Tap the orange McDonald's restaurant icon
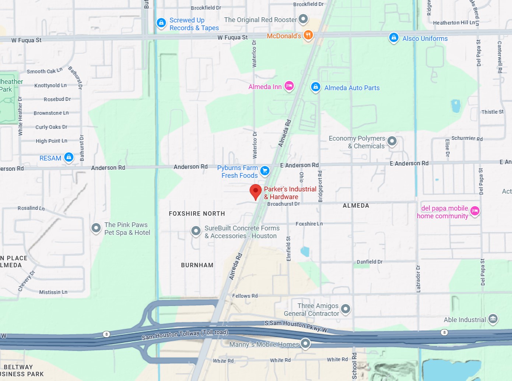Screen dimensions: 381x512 [x=308, y=35]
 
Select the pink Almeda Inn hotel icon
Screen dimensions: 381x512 [x=289, y=86]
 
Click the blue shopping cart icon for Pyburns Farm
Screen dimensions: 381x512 [x=265, y=171]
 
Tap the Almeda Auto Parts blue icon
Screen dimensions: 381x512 [x=315, y=87]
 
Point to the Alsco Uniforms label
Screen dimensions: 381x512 [x=425, y=39]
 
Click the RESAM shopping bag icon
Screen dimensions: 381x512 [x=69, y=157]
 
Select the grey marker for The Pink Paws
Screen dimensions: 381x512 [x=96, y=228]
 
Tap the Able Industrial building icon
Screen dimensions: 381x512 [x=493, y=319]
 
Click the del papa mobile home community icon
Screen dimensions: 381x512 [x=475, y=211]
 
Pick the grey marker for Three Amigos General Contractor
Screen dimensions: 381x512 [x=346, y=309]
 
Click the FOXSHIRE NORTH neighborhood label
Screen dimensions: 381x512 [x=197, y=214]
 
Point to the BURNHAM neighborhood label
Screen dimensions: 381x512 [x=197, y=265]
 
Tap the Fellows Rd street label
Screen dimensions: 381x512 [x=245, y=296]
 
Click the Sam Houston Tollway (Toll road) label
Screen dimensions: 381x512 [x=185, y=335]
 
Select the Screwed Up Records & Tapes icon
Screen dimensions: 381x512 [x=161, y=23]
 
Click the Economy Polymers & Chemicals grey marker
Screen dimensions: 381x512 [x=392, y=141]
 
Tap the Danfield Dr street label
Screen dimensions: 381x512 [x=369, y=262]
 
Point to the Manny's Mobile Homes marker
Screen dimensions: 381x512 [x=305, y=343]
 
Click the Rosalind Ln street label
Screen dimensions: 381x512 [x=31, y=208]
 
